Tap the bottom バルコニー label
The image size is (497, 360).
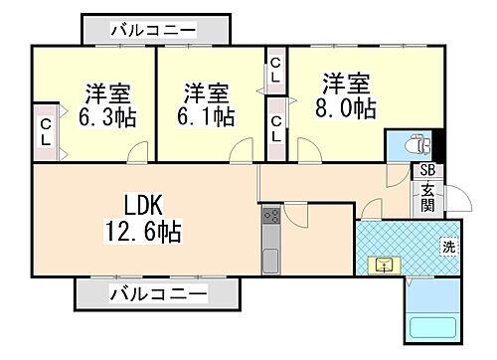point(159,294)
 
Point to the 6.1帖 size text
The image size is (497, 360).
point(208,116)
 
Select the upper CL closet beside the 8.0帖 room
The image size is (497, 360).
point(275,71)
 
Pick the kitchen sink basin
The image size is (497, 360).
point(271,263)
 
